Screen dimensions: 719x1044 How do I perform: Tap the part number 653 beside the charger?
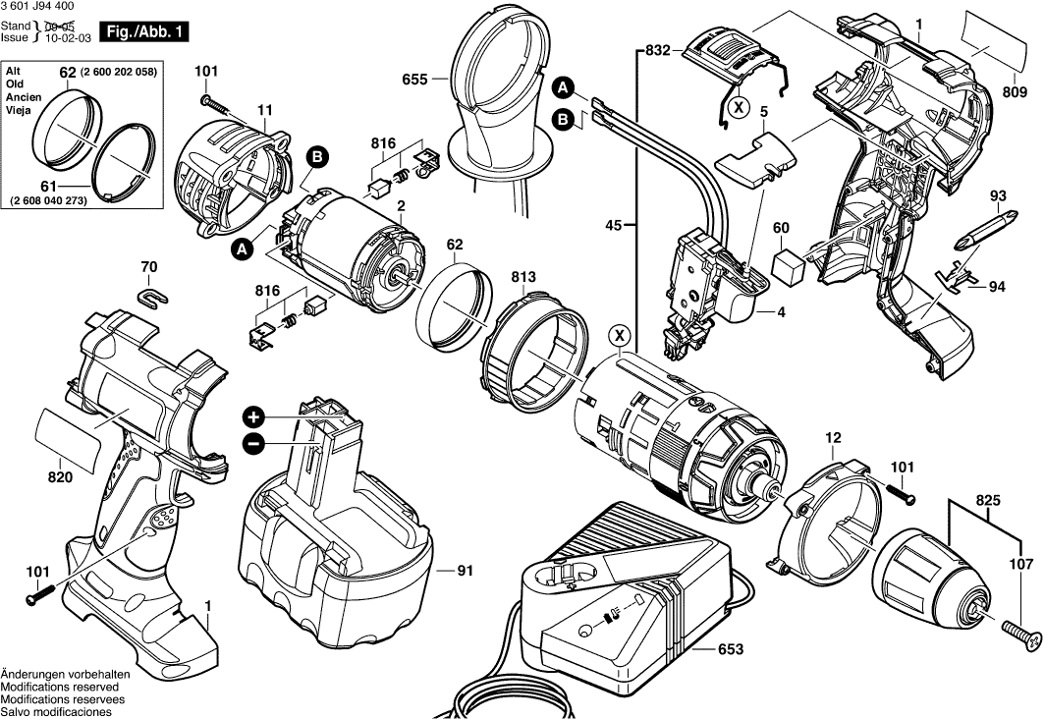pos(730,649)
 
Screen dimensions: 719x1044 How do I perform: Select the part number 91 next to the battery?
pos(466,569)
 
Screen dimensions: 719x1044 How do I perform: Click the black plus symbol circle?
pos(253,415)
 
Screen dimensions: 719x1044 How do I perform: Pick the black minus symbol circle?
pos(253,444)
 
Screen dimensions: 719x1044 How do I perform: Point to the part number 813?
pos(522,278)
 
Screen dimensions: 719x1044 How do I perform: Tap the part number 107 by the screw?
pos(1021,565)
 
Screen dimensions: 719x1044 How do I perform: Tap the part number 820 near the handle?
pos(60,477)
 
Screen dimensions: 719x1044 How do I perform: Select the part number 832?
pos(658,49)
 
